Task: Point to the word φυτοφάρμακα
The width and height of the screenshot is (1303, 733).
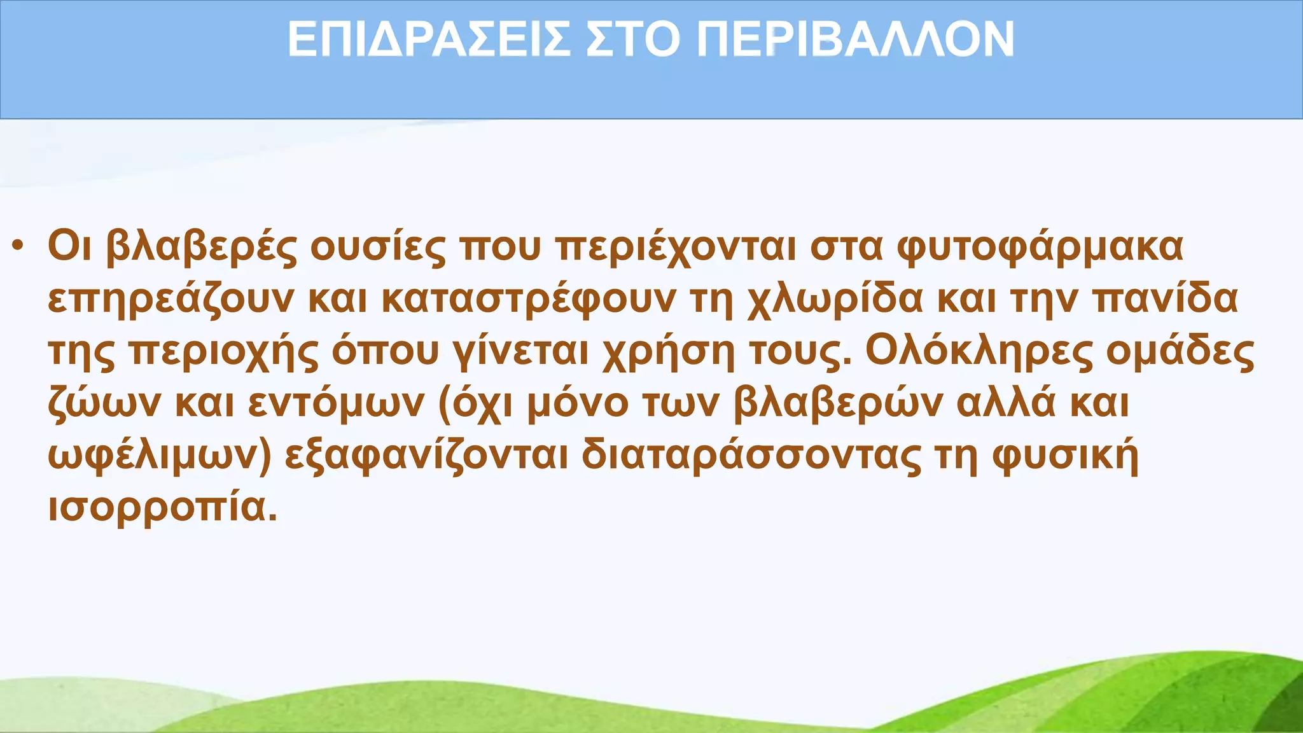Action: [x=1040, y=247]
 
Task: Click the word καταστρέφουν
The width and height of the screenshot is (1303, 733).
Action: [x=529, y=299]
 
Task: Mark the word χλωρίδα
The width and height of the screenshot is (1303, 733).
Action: [x=834, y=299]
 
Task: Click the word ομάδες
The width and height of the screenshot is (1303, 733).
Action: [x=1180, y=351]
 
